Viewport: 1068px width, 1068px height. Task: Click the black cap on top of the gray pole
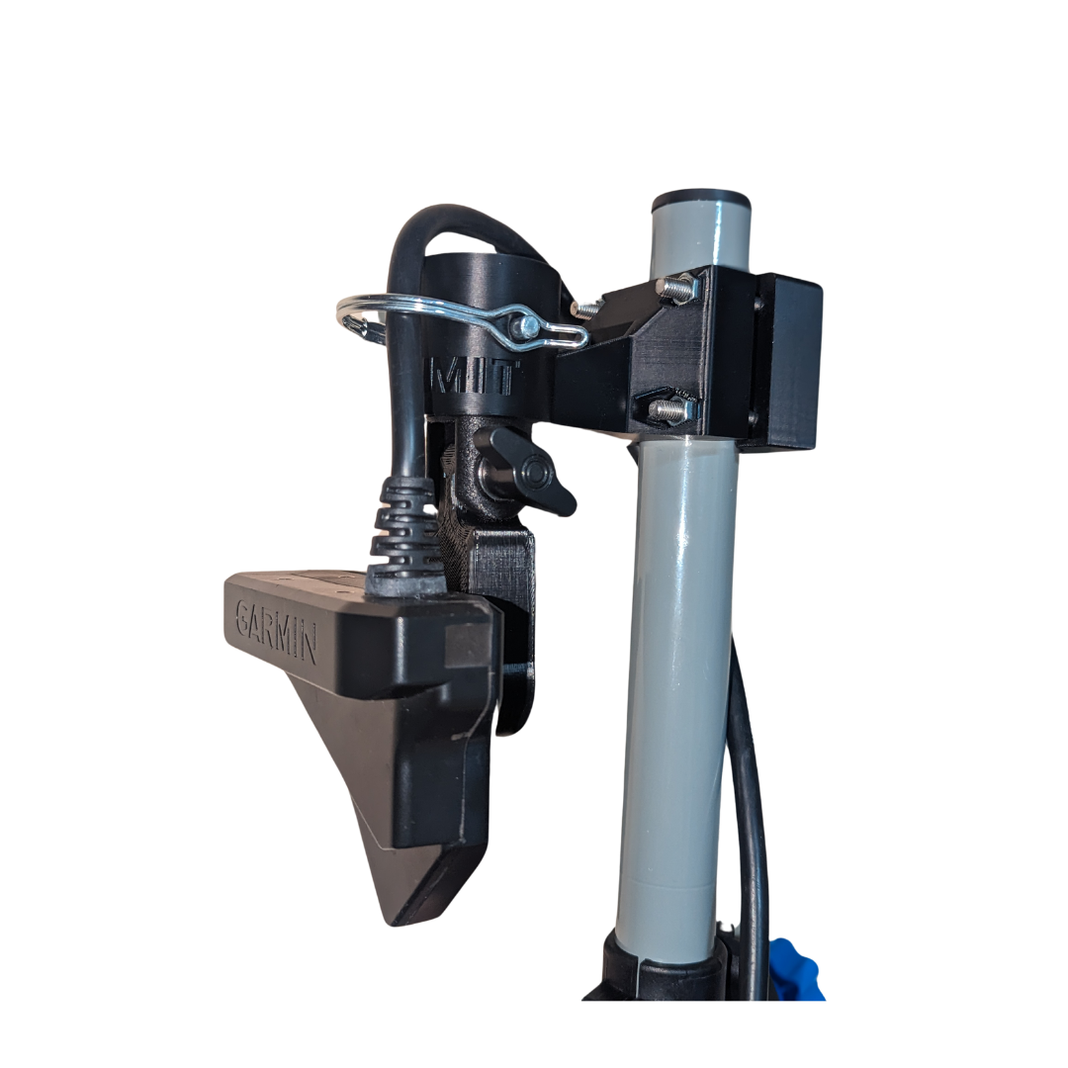tap(701, 200)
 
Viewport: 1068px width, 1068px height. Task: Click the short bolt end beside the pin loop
tap(586, 308)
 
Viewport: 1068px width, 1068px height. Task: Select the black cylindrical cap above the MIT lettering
tap(491, 282)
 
